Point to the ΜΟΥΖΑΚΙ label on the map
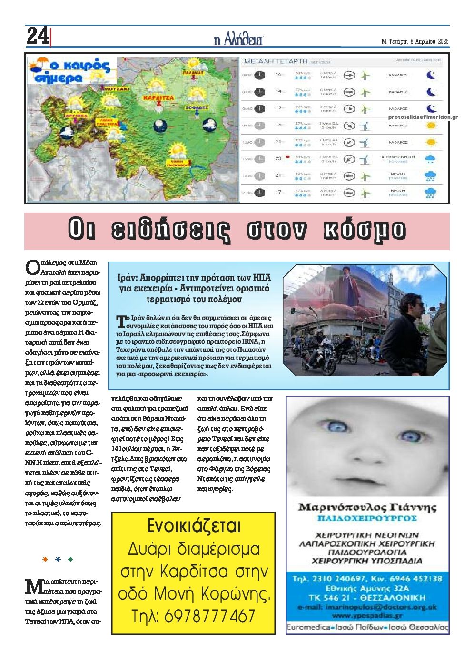(x=116, y=89)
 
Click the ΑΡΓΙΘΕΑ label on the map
(x=75, y=115)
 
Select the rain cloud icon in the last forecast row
(x=430, y=193)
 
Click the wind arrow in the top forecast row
(x=349, y=75)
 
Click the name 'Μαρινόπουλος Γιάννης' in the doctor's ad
(x=367, y=507)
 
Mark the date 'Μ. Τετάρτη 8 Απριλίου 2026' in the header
(x=415, y=41)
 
